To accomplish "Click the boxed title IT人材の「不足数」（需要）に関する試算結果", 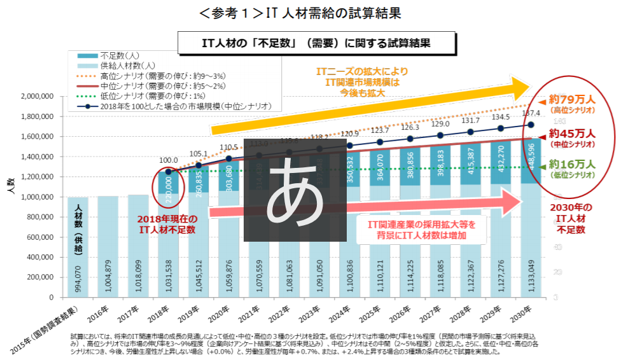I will click(x=316, y=43).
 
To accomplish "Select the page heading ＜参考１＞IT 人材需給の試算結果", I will click(x=310, y=13).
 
